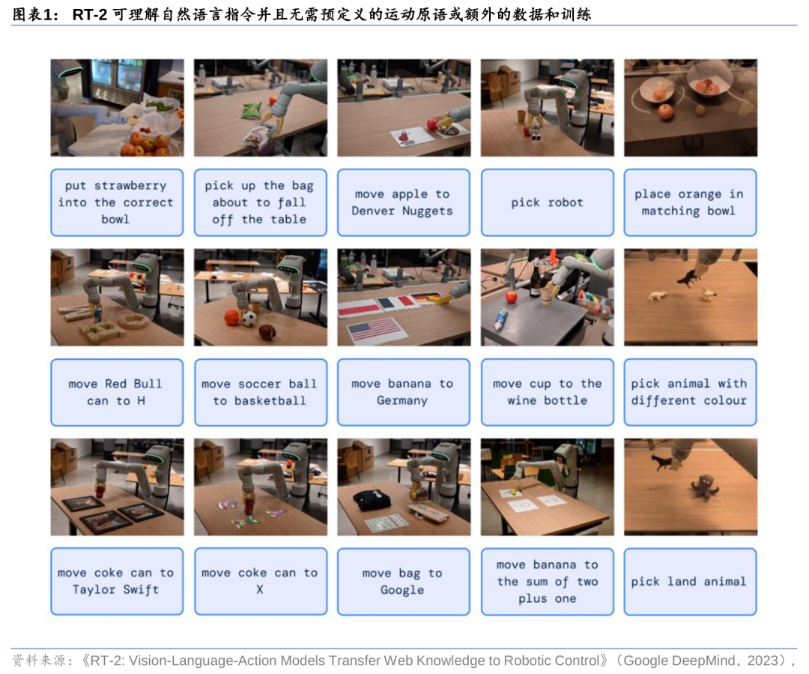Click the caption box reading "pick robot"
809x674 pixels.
pos(547,202)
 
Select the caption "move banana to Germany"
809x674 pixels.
pos(404,392)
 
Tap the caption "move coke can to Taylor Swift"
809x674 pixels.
pos(117,582)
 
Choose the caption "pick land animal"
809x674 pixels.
pos(690,582)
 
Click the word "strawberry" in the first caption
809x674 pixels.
pos(130,185)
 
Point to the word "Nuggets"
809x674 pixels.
pos(427,211)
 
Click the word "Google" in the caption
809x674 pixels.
pos(402,590)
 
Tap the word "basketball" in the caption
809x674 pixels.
pos(270,401)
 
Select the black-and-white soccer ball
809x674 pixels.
pos(249,319)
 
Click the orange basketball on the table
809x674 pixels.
pos(232,318)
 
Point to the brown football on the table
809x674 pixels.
pos(267,332)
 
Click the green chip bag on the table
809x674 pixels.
pos(252,110)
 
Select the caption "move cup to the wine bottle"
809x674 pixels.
pos(547,392)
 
